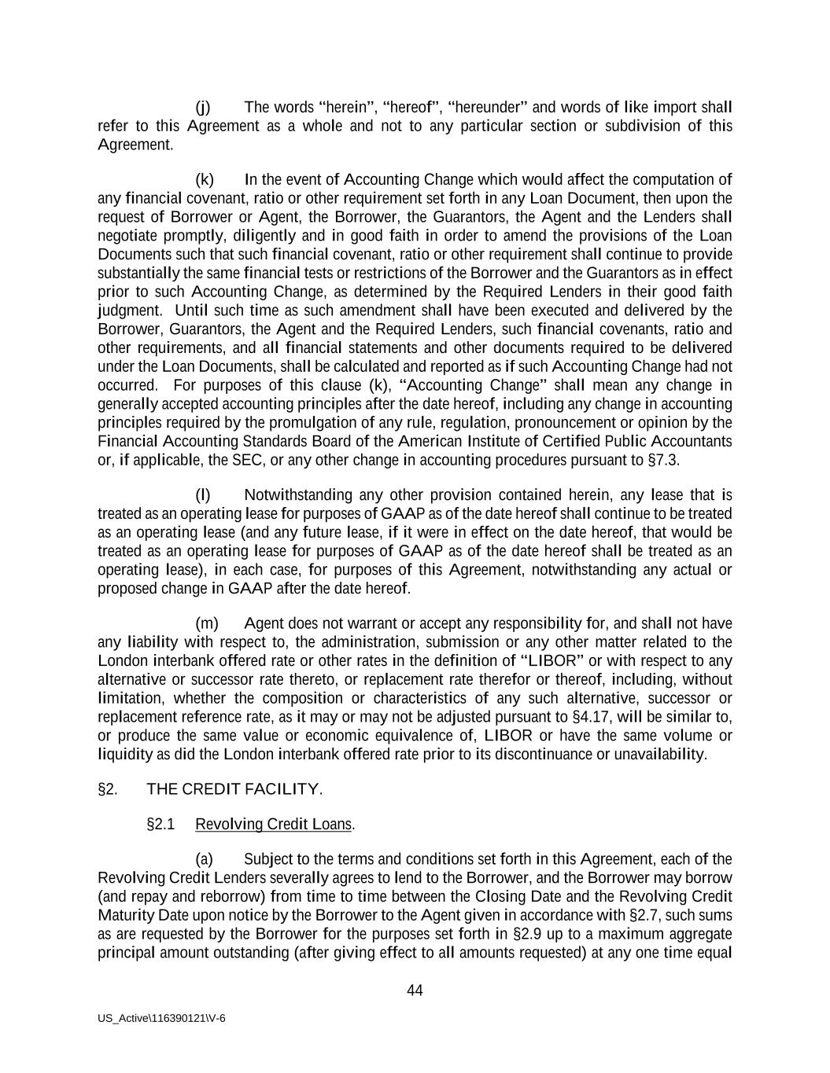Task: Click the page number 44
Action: (415, 990)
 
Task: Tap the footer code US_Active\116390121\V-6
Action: (161, 1018)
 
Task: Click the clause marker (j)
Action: (203, 107)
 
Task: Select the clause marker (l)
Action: (203, 495)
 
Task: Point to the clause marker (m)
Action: (206, 623)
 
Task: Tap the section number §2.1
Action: (160, 824)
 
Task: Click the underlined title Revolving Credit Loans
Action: (274, 824)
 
